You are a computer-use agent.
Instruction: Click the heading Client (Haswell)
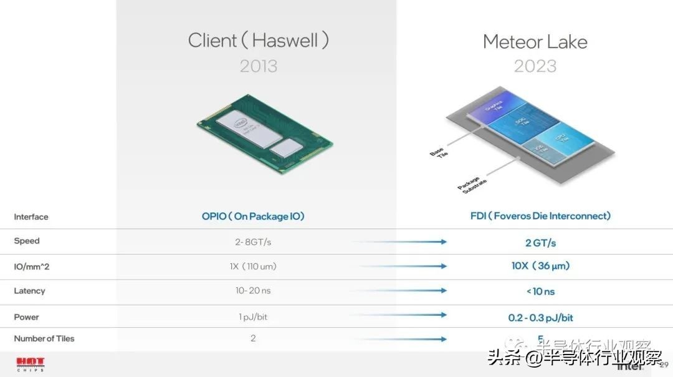click(x=258, y=41)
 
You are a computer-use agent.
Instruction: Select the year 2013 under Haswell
click(x=258, y=66)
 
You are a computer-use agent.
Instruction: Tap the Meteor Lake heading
click(x=535, y=42)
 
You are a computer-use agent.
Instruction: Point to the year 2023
click(x=535, y=66)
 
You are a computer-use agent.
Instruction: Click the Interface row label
click(x=31, y=217)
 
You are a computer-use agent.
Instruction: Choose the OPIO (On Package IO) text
click(x=253, y=217)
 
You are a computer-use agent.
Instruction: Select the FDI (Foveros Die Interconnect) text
click(x=540, y=216)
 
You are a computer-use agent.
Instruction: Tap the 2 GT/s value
click(x=540, y=243)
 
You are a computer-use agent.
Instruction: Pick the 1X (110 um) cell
click(x=253, y=267)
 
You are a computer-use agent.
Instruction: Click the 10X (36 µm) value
click(x=540, y=266)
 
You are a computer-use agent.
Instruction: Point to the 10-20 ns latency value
click(x=253, y=291)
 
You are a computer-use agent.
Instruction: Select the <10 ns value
click(x=540, y=291)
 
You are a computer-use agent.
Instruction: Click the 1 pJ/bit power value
click(x=253, y=317)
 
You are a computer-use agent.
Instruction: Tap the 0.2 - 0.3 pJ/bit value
click(x=540, y=318)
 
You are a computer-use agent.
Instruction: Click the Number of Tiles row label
click(x=44, y=339)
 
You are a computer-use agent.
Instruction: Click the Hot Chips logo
click(x=29, y=363)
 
